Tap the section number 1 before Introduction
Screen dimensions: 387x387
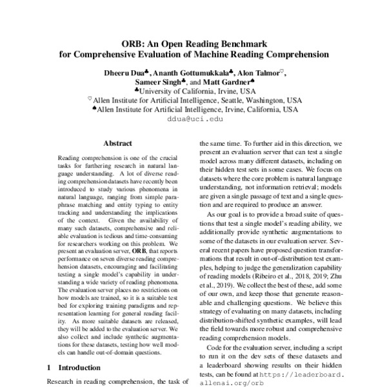pyautogui.click(x=50, y=367)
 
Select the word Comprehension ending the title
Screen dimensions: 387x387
pyautogui.click(x=294, y=54)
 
